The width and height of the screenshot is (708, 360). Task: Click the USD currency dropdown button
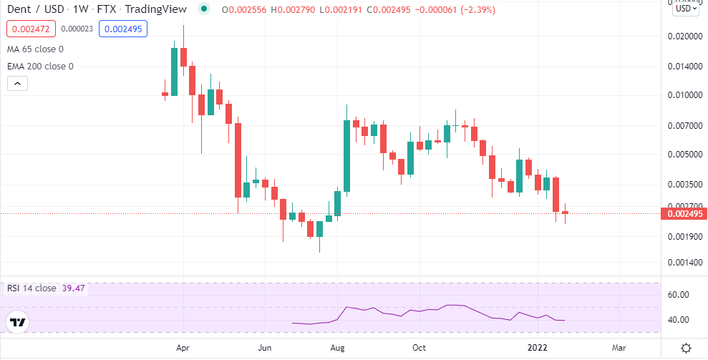point(685,9)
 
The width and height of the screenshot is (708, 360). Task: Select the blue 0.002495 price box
point(122,29)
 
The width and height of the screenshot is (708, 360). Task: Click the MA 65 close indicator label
point(35,49)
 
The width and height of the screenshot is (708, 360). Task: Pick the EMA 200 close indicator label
point(40,66)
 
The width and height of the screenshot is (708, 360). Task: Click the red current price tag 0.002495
point(684,213)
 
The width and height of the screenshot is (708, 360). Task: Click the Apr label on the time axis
point(183,348)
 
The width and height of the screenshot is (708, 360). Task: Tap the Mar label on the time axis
point(619,348)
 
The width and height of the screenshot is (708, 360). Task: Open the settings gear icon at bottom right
point(686,348)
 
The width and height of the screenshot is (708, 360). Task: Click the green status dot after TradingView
point(205,9)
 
